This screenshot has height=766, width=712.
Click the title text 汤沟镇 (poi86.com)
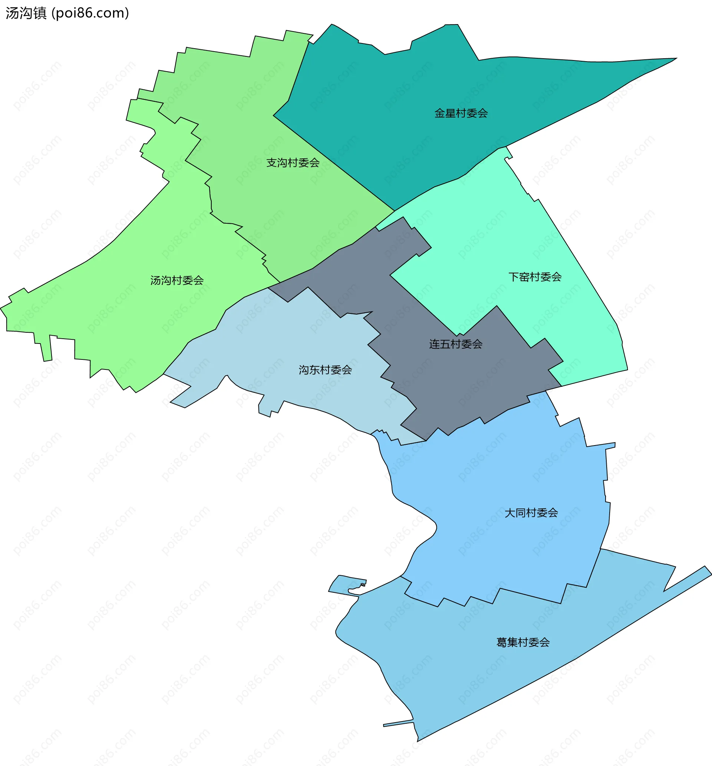coord(67,13)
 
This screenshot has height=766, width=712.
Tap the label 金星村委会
coord(461,113)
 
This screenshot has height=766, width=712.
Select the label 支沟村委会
coord(293,163)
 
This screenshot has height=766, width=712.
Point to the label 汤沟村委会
coord(177,280)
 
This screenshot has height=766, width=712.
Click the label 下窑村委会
coord(535,277)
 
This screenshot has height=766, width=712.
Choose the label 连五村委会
coord(456,344)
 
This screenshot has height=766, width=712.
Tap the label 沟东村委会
coord(325,370)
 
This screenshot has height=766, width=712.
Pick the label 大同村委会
coord(531,513)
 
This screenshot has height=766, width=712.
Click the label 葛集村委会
coord(523,642)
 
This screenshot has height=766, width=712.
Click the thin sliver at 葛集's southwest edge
coord(397,723)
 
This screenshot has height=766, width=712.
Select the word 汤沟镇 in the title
coord(26,13)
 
